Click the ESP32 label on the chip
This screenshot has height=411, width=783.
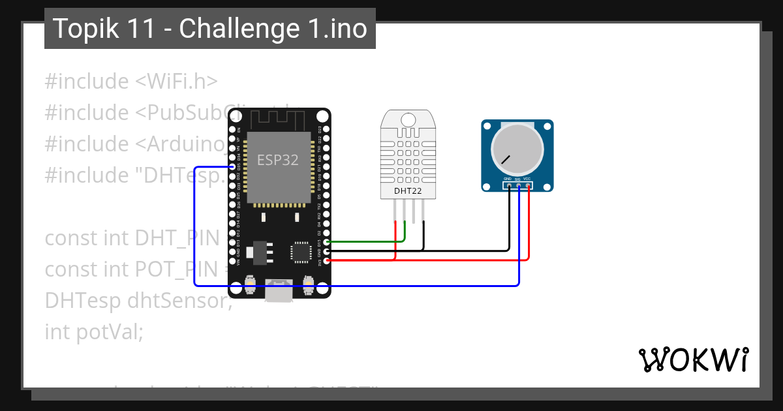point(278,160)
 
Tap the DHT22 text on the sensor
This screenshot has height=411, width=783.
point(408,191)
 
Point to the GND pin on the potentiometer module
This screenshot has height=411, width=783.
point(509,186)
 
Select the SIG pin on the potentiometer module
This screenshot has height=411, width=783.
point(519,186)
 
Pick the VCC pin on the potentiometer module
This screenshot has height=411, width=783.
point(528,186)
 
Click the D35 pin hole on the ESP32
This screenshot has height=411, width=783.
point(232,167)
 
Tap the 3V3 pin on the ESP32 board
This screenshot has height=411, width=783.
point(326,260)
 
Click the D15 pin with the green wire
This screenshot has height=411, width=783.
point(326,242)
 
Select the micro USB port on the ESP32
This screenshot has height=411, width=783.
point(279,292)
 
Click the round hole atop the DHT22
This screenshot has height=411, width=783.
point(408,120)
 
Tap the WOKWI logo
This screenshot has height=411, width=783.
point(693,359)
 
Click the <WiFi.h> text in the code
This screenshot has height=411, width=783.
point(176,82)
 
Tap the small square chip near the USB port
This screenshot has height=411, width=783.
point(301,251)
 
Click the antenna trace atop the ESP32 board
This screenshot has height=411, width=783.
point(279,119)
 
